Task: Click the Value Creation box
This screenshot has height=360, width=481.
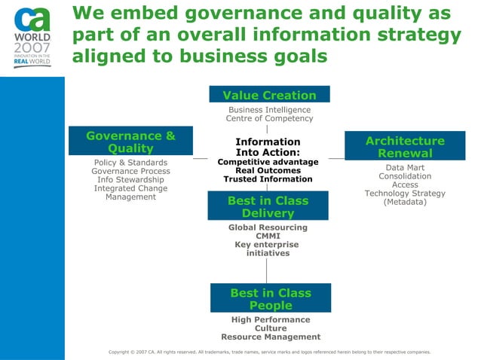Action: tap(269, 95)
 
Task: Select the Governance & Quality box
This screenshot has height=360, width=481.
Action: tap(130, 142)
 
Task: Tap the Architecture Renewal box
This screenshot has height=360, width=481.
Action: tap(405, 147)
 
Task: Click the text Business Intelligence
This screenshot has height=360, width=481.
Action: tap(269, 110)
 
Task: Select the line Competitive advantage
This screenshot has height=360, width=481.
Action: tap(268, 162)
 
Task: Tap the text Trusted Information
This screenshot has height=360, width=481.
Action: tap(268, 179)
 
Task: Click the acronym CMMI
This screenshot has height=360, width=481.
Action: tap(268, 236)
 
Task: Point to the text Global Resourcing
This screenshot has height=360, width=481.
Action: tap(268, 227)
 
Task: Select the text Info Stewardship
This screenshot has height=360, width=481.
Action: tap(130, 180)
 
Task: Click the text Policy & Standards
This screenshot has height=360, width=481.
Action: tap(130, 163)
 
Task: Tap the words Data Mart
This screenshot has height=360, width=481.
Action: tap(405, 168)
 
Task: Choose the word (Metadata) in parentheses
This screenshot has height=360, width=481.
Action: tap(405, 202)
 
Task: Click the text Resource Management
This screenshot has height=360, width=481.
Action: tap(271, 337)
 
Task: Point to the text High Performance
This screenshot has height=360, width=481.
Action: tap(271, 320)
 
